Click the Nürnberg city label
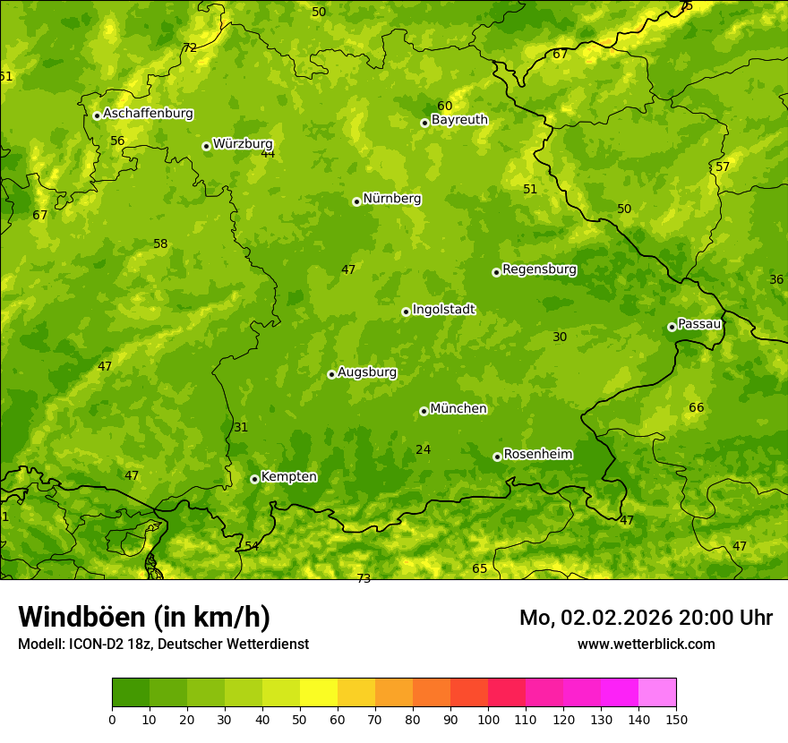click(x=391, y=199)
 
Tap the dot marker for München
click(x=424, y=411)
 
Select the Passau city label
click(x=699, y=324)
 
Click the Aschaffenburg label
click(x=148, y=114)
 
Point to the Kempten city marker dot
click(x=254, y=479)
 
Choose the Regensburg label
click(x=539, y=269)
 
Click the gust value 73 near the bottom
click(x=364, y=579)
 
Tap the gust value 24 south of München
click(x=423, y=450)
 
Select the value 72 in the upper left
click(x=190, y=48)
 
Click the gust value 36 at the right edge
click(x=776, y=280)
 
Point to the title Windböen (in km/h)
click(x=144, y=617)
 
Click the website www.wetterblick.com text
click(x=646, y=644)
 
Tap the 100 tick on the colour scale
click(x=488, y=718)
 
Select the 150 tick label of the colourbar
click(x=676, y=718)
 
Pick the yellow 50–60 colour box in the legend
click(x=319, y=693)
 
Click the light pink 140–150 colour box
click(x=657, y=693)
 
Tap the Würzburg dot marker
click(x=206, y=146)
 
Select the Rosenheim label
click(x=537, y=455)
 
